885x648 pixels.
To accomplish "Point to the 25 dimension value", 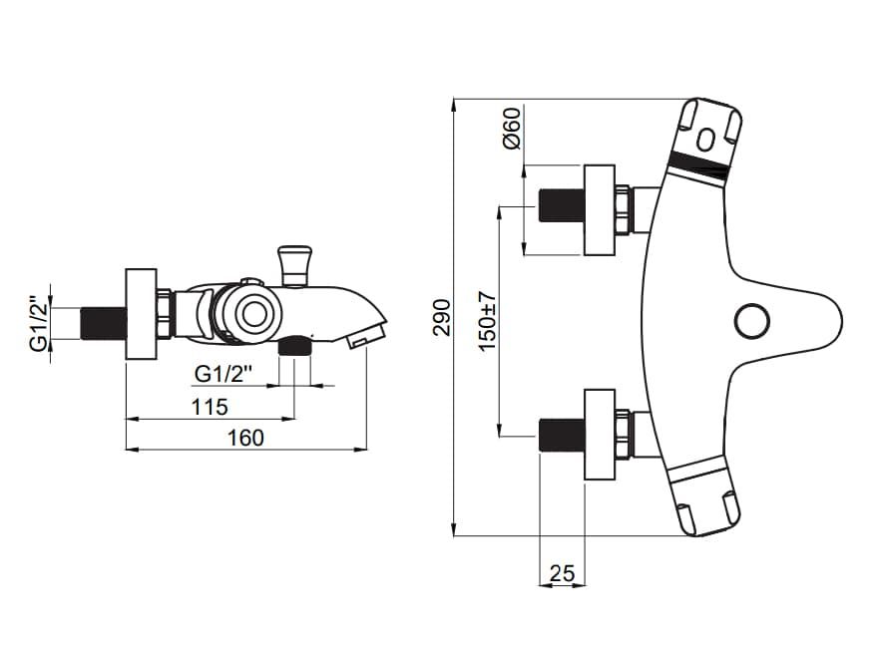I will coord(562,573).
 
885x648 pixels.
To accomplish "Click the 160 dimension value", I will coord(245,437).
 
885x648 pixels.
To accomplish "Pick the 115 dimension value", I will coord(210,407).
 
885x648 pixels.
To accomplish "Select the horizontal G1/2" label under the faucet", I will coord(224,374).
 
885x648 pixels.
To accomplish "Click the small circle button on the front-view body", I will coord(750,321).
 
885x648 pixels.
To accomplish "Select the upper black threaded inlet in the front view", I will coord(561,205).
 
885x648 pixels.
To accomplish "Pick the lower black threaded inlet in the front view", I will coord(561,435).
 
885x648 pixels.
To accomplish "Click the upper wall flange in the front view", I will coord(599,210).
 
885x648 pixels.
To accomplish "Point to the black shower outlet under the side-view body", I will coord(294,347).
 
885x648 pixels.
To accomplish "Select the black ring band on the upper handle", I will coord(700,165).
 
